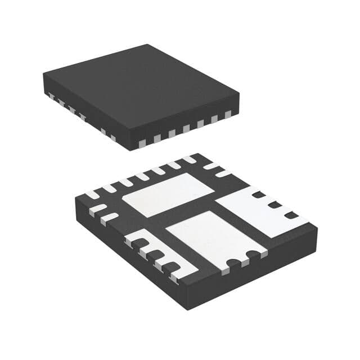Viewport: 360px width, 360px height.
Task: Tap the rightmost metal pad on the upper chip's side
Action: click(x=228, y=115)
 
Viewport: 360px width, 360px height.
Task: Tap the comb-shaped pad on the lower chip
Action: click(x=160, y=256)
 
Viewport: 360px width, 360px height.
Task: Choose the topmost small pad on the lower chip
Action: click(x=196, y=159)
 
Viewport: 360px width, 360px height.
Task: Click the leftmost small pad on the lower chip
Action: click(x=91, y=195)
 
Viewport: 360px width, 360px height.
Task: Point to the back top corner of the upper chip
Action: click(x=147, y=44)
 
